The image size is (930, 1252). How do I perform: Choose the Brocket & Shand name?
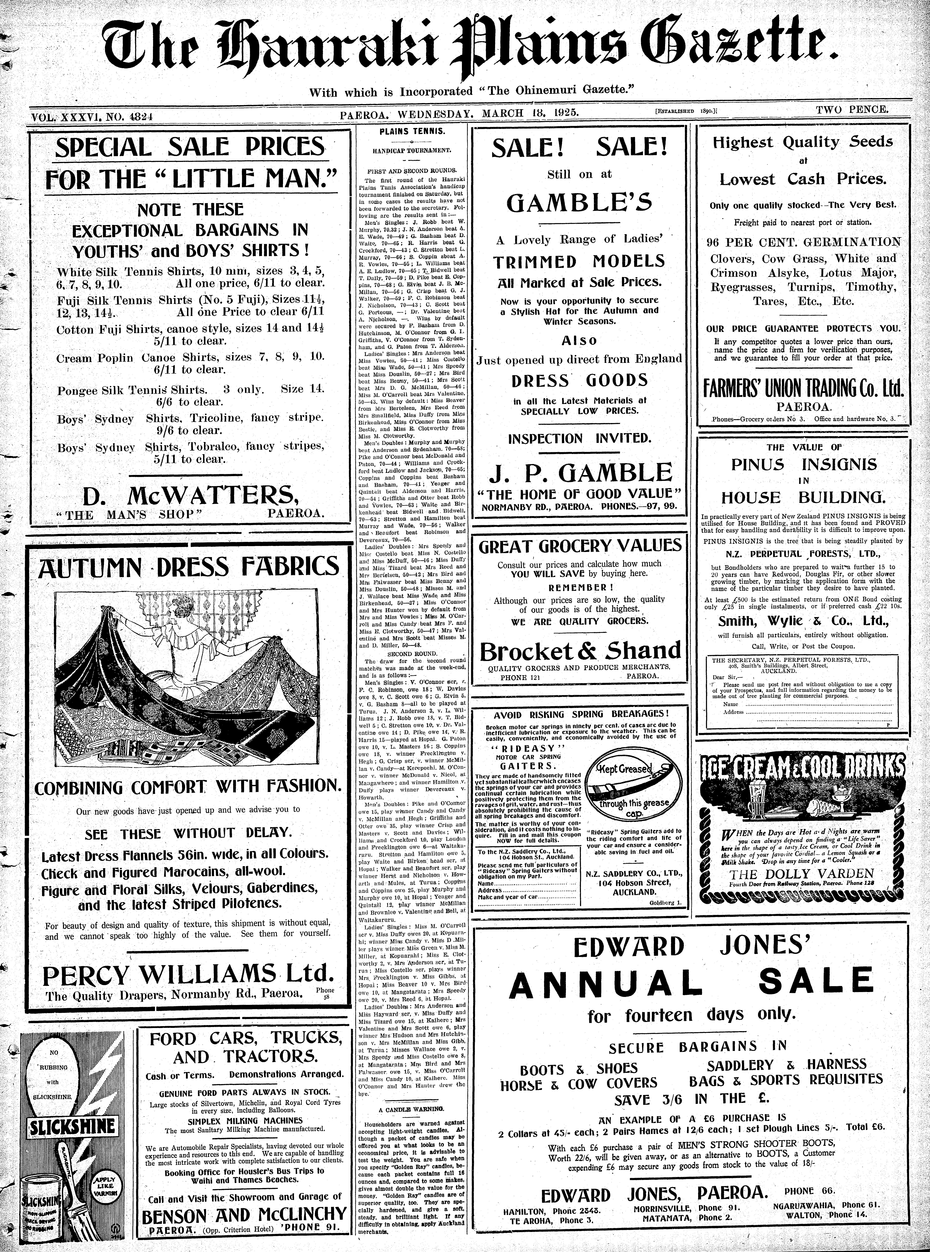point(580,651)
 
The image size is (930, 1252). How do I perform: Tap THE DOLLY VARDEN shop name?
point(802,874)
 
